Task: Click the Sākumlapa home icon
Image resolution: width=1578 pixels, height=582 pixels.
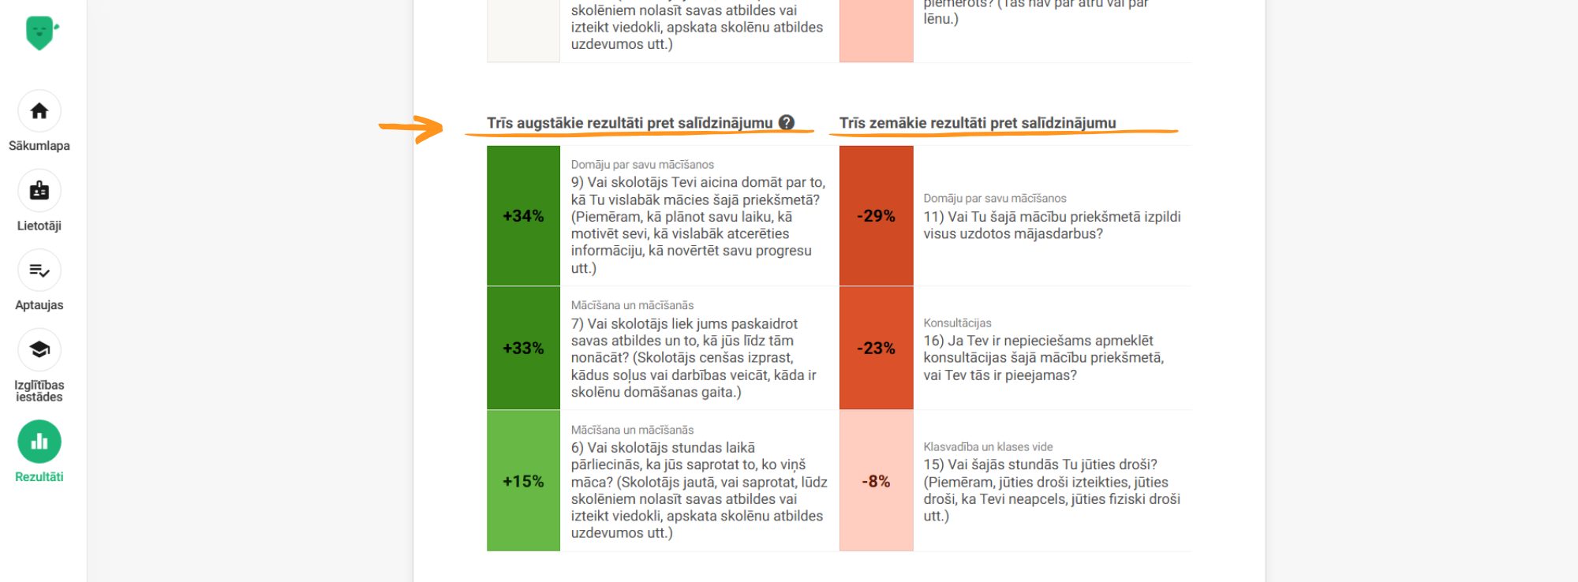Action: pos(39,111)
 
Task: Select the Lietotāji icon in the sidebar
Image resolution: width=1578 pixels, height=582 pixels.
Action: pos(39,191)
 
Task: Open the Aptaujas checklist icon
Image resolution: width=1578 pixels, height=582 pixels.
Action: pos(39,270)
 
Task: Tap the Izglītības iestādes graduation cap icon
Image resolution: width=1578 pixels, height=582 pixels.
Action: pos(39,349)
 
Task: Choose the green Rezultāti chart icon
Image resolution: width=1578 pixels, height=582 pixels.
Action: pos(39,442)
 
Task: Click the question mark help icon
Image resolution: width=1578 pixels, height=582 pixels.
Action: pos(786,122)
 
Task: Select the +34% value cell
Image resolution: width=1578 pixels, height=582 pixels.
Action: pos(523,216)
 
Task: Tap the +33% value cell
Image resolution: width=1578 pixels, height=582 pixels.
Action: pos(523,348)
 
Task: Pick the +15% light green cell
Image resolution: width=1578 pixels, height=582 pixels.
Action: pos(523,481)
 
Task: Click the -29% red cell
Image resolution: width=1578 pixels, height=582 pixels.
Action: pos(876,216)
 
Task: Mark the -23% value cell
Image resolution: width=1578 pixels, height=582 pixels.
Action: pos(876,348)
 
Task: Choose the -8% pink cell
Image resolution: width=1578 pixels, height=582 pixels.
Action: pos(876,481)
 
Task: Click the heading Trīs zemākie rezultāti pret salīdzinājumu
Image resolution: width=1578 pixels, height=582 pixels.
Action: pos(977,123)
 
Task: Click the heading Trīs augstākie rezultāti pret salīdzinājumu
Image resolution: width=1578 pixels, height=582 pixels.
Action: pos(629,123)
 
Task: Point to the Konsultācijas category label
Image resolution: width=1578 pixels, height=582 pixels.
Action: pos(957,323)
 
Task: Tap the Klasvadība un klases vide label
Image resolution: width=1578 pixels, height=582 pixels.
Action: pos(988,446)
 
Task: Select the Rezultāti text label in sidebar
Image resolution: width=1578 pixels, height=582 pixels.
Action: pos(39,476)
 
